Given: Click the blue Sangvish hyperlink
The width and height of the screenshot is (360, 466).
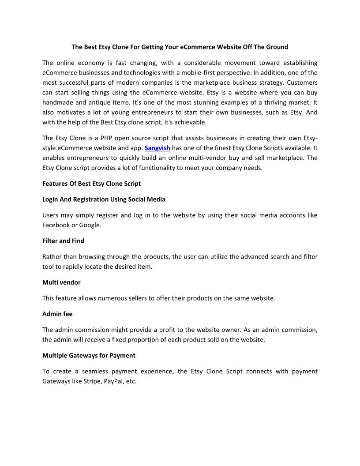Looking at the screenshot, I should (x=157, y=148).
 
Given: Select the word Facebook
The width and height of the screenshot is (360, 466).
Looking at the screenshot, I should (x=56, y=225).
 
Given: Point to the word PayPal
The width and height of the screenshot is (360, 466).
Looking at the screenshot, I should (x=113, y=381).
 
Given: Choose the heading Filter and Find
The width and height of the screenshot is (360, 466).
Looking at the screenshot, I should (x=63, y=241).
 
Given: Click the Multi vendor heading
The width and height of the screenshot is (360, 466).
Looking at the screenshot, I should (x=61, y=282).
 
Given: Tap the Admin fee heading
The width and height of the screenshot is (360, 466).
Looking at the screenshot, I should (x=57, y=314).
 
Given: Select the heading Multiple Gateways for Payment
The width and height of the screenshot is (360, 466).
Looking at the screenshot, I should (x=89, y=355).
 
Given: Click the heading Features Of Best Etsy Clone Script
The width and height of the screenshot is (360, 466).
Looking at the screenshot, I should (x=91, y=183).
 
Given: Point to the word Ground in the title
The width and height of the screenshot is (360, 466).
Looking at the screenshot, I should (x=277, y=47).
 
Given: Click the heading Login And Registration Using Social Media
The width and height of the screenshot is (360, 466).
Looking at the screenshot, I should (x=104, y=199).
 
